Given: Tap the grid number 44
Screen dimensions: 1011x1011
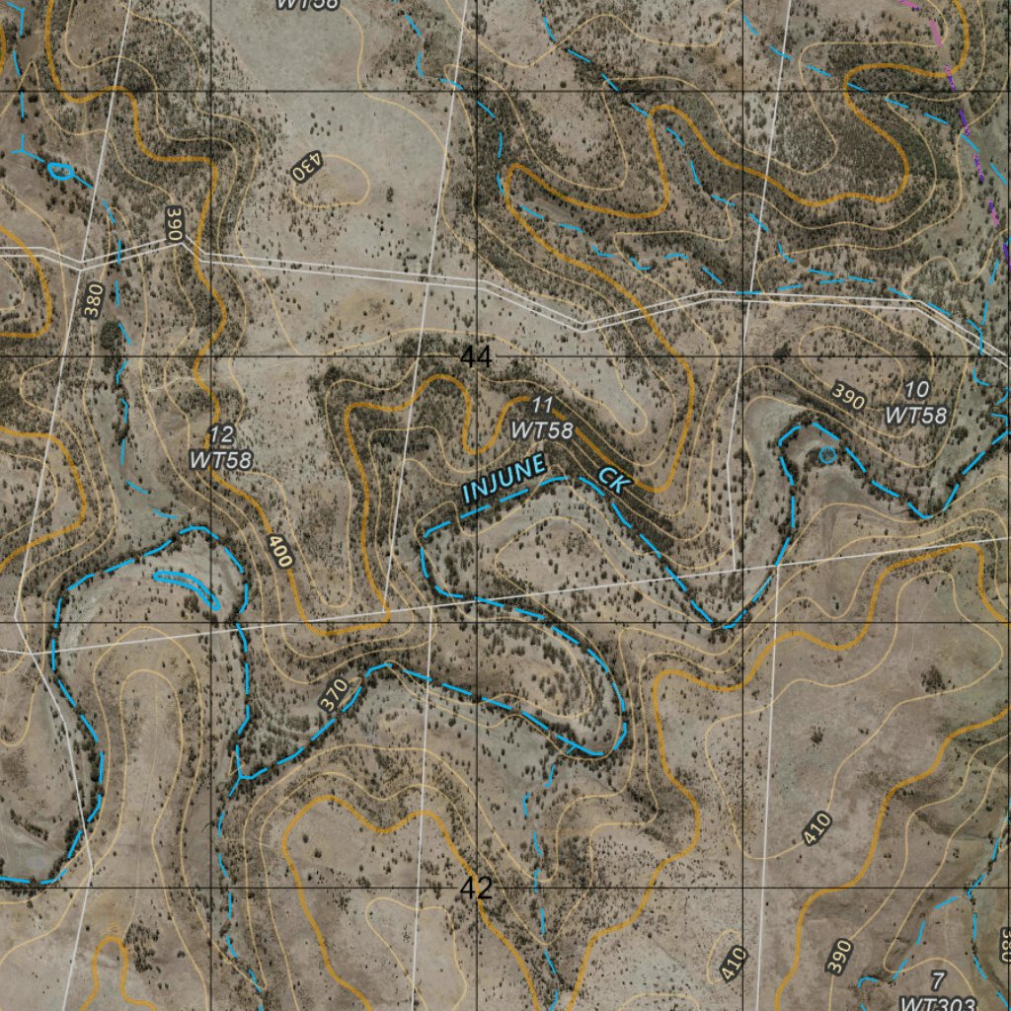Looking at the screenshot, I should coord(476,357).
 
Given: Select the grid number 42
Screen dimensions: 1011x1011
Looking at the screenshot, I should coord(476,889).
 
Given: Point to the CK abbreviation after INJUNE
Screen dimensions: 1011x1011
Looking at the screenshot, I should coord(613,481).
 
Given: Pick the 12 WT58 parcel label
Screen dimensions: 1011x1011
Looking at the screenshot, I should coord(221,447).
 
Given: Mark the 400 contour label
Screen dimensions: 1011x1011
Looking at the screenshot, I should coord(280,551).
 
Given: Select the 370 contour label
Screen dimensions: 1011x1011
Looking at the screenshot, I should coord(335,694).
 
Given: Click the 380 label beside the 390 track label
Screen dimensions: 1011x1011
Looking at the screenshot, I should coord(93,301).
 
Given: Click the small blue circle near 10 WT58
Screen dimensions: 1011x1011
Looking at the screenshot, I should coord(827,454).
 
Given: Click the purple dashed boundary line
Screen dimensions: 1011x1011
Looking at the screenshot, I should coord(972,148).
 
